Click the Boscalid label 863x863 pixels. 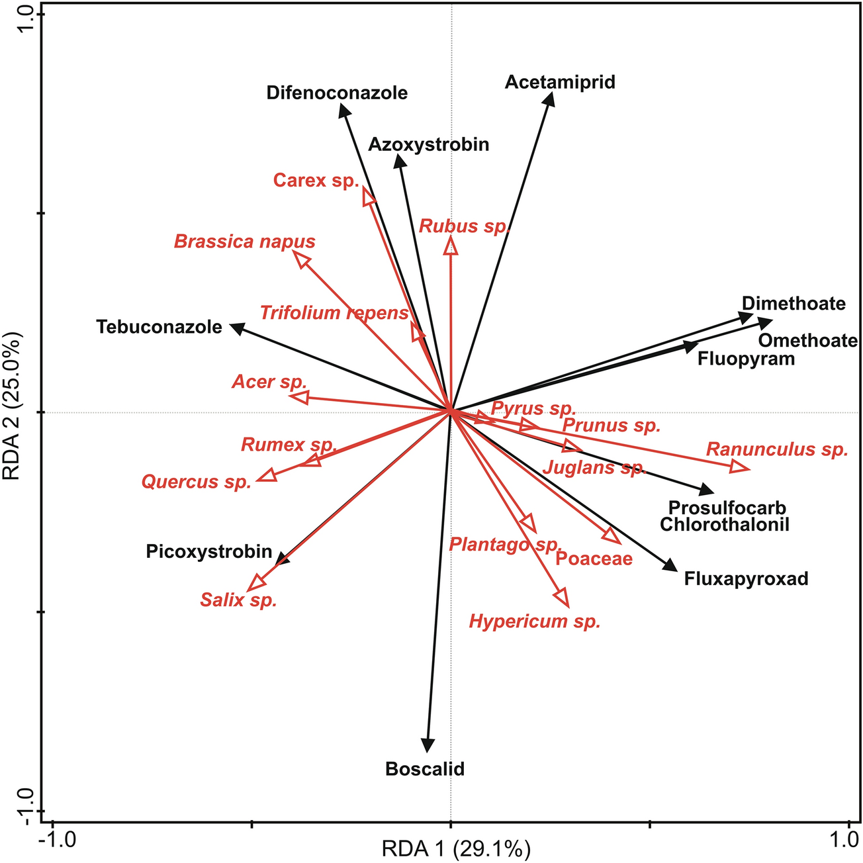pos(425,769)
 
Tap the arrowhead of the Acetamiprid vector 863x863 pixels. pos(549,99)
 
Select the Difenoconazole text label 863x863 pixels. pos(337,93)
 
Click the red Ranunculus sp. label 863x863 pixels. pos(777,450)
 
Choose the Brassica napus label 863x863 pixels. pos(244,242)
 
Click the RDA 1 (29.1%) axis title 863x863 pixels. pos(456,848)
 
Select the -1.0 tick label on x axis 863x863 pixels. pos(58,840)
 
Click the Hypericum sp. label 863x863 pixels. pos(535,621)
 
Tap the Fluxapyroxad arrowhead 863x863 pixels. pos(671,565)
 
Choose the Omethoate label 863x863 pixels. pos(807,341)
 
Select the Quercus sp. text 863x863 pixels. pos(197,482)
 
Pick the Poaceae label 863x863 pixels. pos(594,559)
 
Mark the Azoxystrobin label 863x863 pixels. pos(429,144)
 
